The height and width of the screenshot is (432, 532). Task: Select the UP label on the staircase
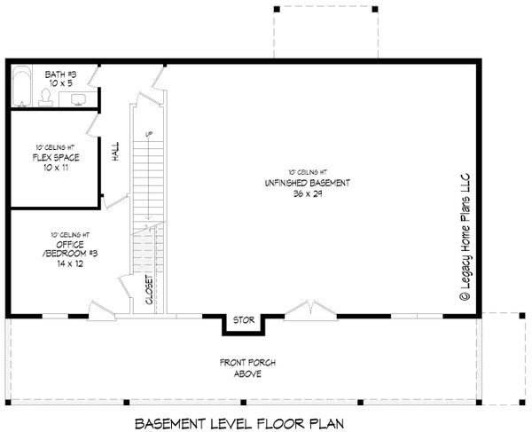[148, 134]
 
